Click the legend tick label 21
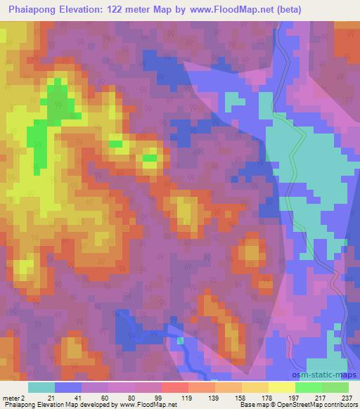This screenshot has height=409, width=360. click(51, 398)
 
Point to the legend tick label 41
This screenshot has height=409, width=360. click(77, 398)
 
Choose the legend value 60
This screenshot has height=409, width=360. click(105, 398)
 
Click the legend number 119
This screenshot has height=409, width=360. click(187, 398)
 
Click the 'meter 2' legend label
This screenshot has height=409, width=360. click(13, 398)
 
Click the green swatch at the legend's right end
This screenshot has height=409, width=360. click(335, 387)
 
